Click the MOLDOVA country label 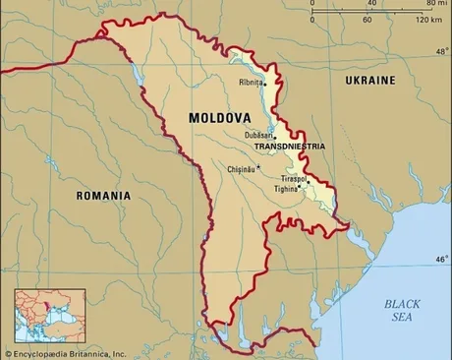[220, 118]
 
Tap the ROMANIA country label [103, 196]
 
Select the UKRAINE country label [370, 79]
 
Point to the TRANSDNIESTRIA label [289, 146]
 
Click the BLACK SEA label [402, 311]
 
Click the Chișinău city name [241, 169]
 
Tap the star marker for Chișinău [259, 167]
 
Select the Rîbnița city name [250, 83]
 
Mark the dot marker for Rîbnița [265, 84]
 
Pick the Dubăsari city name [258, 135]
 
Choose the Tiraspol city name [293, 179]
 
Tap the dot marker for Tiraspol [309, 181]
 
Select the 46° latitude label [441, 259]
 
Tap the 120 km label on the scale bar [426, 19]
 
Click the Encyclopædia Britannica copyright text [66, 353]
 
